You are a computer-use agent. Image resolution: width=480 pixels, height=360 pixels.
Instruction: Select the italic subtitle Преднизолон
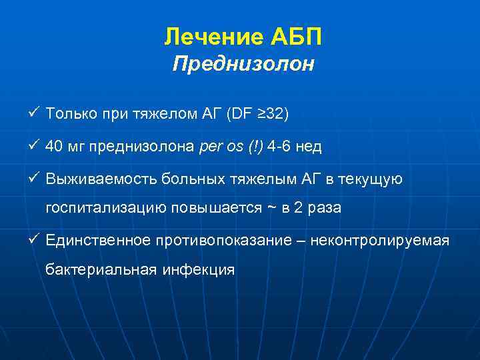(243, 65)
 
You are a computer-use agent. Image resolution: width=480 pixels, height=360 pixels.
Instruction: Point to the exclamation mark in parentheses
(256, 145)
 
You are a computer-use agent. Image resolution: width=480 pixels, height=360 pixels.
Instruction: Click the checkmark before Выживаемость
(35, 176)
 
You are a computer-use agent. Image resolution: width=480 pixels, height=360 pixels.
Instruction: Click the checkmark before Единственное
(35, 237)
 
